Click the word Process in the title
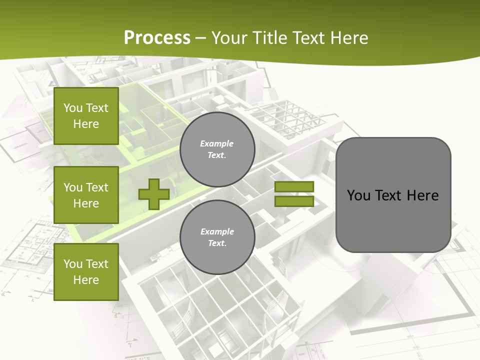point(157,38)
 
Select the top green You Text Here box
point(86,116)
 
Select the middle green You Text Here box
point(86,195)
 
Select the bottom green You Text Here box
point(86,272)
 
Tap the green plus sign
point(153,194)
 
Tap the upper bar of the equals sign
point(294,186)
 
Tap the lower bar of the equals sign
point(294,201)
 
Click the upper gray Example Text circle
point(217,149)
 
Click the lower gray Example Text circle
point(217,237)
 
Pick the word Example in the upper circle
point(217,144)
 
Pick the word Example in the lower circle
point(217,232)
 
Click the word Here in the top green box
point(86,124)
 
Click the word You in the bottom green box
point(73,264)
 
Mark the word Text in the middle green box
point(97,187)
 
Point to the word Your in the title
point(229,38)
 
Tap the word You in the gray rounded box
point(358,195)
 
